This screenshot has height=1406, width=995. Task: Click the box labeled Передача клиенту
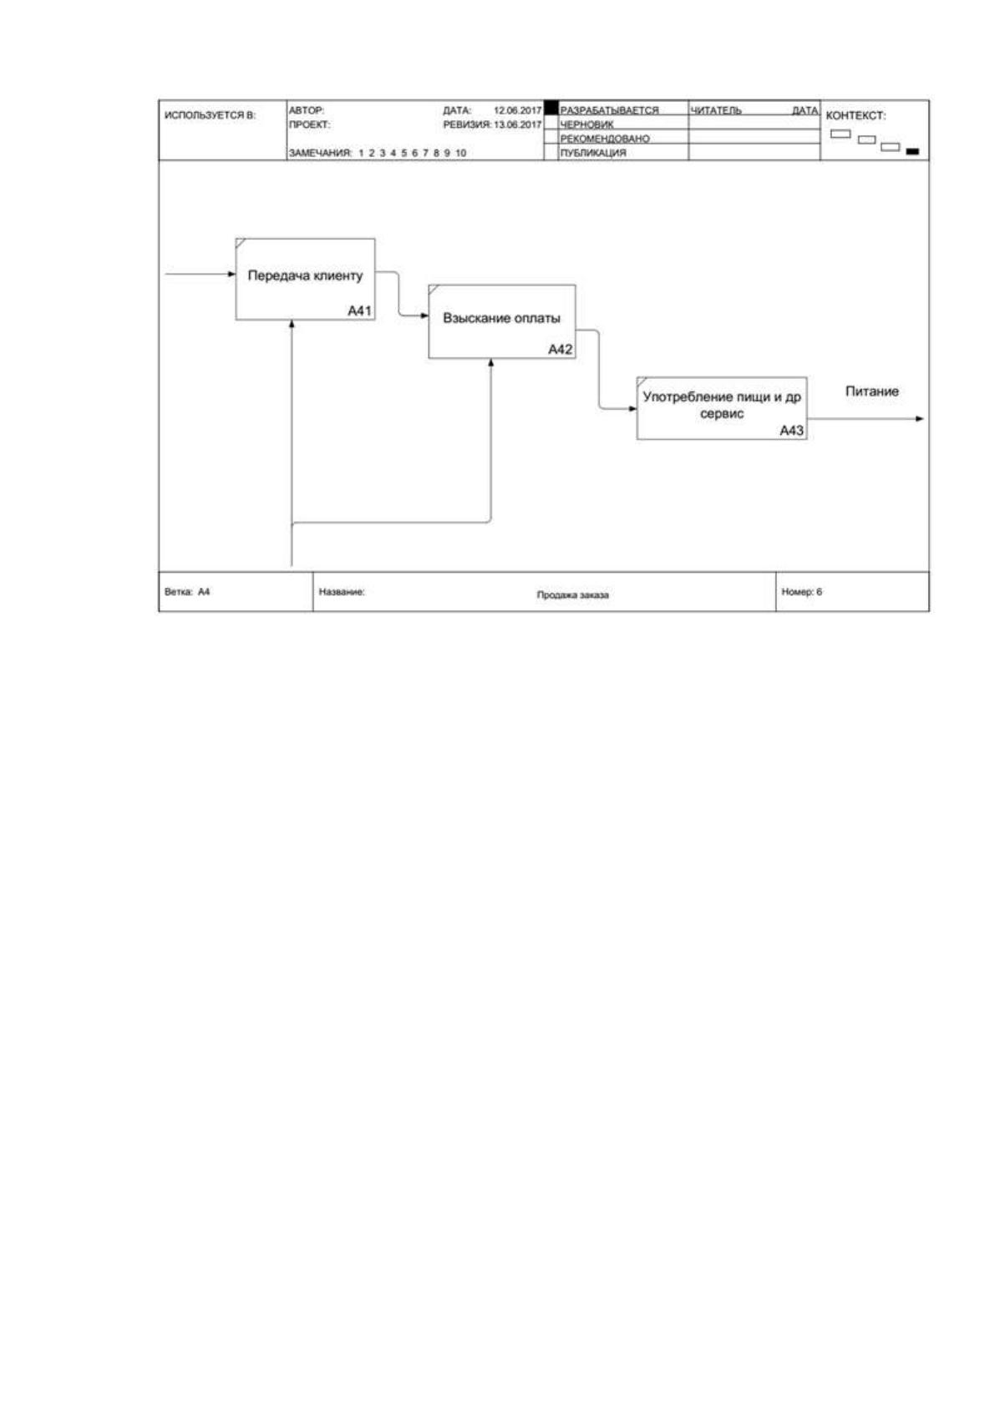click(305, 279)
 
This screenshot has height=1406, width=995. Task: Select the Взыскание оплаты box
click(501, 321)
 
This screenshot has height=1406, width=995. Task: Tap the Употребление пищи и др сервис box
click(721, 408)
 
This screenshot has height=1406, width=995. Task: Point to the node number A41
click(359, 310)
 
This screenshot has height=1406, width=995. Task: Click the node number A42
click(560, 349)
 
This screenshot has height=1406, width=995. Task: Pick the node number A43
click(791, 430)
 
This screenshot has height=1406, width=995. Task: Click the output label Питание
click(872, 391)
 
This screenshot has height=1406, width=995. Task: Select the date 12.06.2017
click(517, 110)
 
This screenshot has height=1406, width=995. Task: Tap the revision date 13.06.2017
click(517, 124)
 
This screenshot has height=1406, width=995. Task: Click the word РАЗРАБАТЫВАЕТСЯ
click(609, 110)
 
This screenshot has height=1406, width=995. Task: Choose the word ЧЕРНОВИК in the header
click(586, 124)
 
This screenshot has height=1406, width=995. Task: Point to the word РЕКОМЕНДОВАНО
click(605, 138)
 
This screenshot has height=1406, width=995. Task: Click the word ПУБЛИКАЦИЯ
click(593, 153)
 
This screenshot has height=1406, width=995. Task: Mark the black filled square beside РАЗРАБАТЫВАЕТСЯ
click(551, 108)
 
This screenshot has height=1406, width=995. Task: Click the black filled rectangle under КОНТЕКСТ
click(913, 151)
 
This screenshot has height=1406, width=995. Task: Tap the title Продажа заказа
click(572, 594)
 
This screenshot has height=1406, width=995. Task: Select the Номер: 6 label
click(801, 591)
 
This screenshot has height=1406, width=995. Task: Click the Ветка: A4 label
click(187, 591)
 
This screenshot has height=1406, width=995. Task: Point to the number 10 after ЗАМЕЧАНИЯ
click(460, 153)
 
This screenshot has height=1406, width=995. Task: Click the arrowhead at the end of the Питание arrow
click(921, 418)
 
